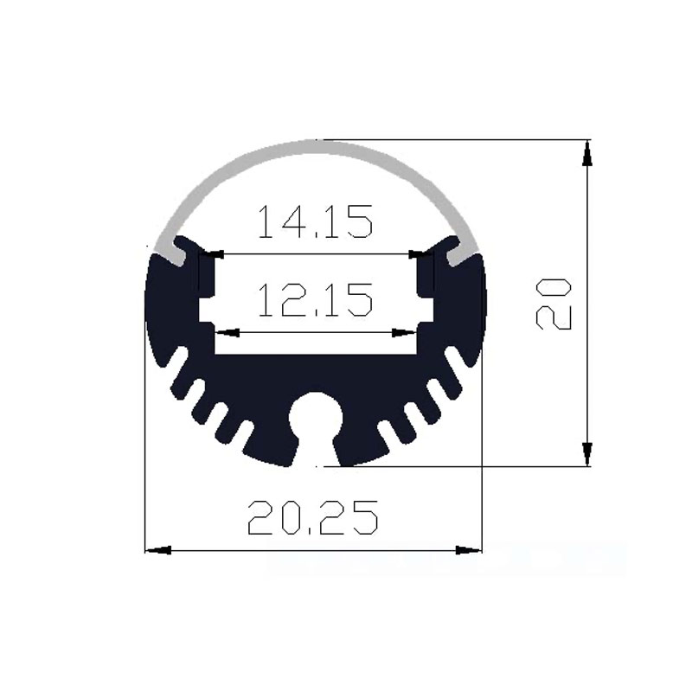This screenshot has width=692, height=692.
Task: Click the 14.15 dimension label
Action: click(315, 222)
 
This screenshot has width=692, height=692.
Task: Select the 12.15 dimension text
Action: click(315, 300)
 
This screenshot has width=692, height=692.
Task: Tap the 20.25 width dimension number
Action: click(312, 520)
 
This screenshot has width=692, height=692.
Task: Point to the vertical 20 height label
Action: click(554, 304)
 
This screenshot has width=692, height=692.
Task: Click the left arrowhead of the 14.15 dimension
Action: click(216, 254)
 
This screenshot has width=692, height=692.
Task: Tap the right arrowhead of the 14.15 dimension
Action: click(416, 254)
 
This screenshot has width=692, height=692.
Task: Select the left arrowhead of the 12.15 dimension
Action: click(226, 332)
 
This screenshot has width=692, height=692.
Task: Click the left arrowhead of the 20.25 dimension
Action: click(156, 549)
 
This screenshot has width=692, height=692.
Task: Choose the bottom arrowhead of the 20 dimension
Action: click(587, 453)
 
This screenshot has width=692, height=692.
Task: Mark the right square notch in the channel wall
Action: click(425, 310)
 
